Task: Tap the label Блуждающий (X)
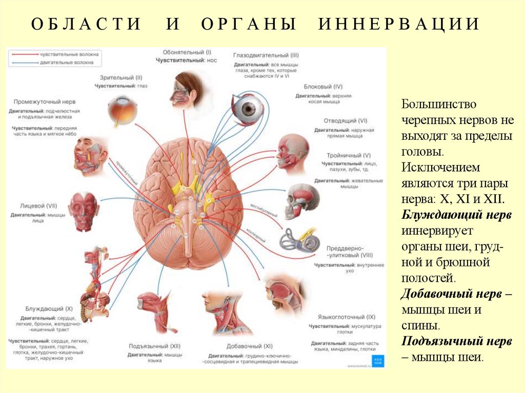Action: [49, 309]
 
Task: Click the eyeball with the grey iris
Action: [248, 109]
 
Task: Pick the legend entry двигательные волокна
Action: [67, 63]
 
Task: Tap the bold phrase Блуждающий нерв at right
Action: [456, 215]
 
